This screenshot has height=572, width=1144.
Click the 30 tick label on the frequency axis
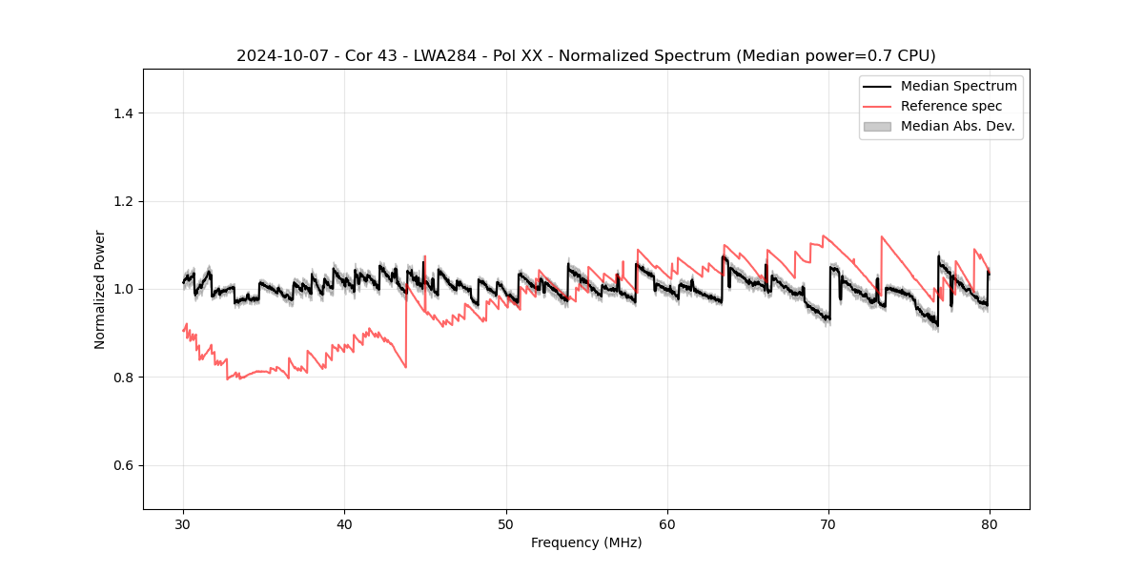click(x=183, y=524)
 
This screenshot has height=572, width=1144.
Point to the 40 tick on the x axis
click(x=344, y=524)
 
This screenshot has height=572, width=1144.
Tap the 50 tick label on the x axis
click(x=506, y=524)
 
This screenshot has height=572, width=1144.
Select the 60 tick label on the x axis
click(x=667, y=524)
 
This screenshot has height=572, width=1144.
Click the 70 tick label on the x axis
click(x=828, y=524)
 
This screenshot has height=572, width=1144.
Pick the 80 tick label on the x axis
click(x=990, y=524)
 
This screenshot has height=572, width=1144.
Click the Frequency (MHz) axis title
click(x=586, y=542)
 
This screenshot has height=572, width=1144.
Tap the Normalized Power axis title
click(x=100, y=289)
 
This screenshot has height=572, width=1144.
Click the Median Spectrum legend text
click(x=958, y=86)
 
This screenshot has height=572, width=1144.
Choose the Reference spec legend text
click(x=951, y=106)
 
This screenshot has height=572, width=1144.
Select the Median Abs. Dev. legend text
click(x=957, y=126)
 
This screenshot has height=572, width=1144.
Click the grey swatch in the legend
click(x=877, y=126)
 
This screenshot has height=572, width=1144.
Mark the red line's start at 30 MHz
click(x=183, y=331)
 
